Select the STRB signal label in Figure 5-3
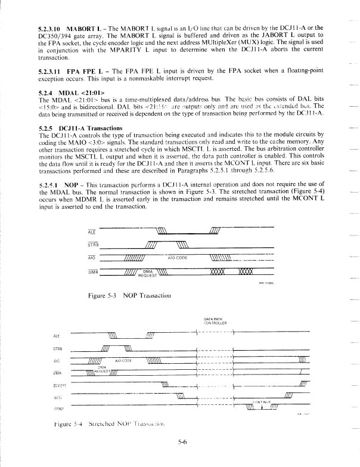(x=92, y=243)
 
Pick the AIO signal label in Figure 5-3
(x=91, y=258)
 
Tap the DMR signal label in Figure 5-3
(x=91, y=271)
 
